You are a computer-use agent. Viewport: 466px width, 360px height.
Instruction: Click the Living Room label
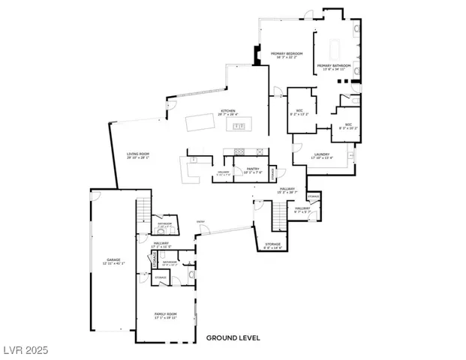(x=138, y=155)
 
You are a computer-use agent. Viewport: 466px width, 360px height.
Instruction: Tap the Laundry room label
(x=326, y=156)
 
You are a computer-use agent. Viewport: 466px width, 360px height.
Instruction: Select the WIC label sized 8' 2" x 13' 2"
(x=299, y=112)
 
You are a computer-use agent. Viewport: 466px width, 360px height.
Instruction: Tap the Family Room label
(x=165, y=316)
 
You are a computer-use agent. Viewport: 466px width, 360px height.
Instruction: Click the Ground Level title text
(x=233, y=338)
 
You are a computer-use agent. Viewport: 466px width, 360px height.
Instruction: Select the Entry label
(x=201, y=221)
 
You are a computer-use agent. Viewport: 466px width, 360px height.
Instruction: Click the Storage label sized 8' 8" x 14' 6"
(x=272, y=245)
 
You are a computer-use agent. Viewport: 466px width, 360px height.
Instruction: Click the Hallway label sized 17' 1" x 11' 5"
(x=162, y=244)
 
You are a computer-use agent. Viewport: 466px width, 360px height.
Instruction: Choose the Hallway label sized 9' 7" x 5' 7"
(x=302, y=209)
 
